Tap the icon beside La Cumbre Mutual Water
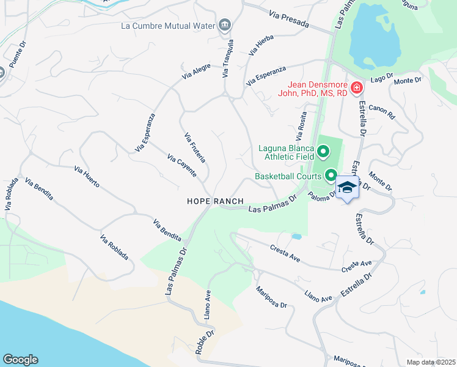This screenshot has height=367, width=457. point(225,25)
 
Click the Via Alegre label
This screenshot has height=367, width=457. point(196,71)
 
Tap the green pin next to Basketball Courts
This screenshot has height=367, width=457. point(331,176)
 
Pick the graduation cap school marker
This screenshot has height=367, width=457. point(346,188)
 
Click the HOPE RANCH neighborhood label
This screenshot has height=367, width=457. point(215,201)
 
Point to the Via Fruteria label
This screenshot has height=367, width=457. point(195,148)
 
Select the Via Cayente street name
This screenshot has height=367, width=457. point(181,166)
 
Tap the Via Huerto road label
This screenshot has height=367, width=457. point(87,177)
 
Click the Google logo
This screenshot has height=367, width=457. point(20,360)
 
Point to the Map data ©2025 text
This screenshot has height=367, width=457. point(430,362)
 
